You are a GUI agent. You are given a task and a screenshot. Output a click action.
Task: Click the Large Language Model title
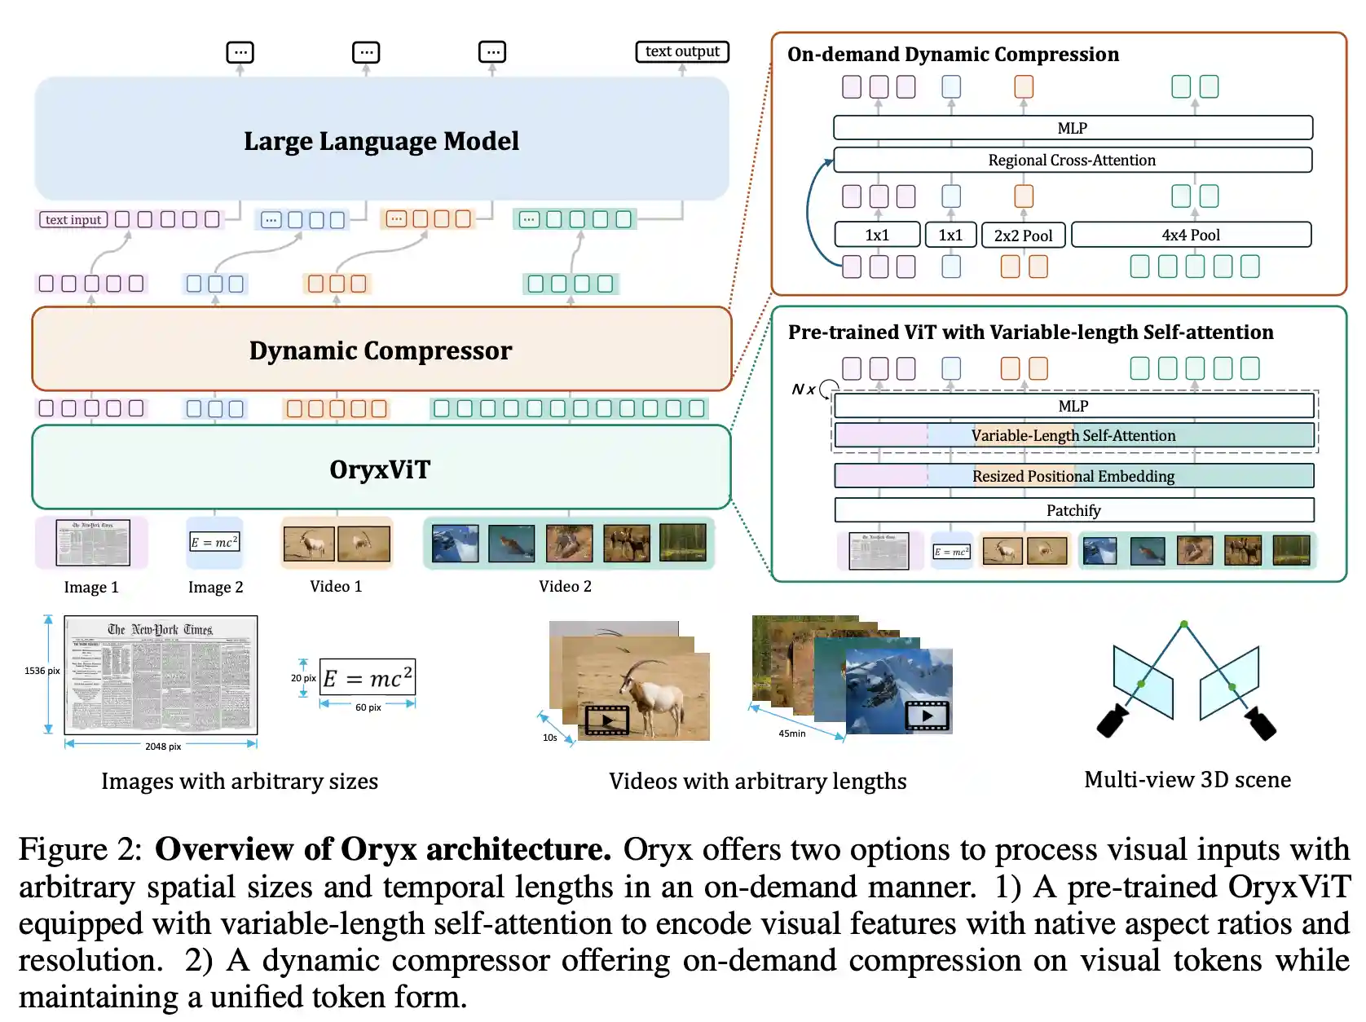(381, 141)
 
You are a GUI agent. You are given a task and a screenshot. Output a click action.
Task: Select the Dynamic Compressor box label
(381, 350)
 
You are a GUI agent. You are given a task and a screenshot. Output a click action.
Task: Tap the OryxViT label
(380, 469)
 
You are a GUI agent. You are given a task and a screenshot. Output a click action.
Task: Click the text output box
(682, 51)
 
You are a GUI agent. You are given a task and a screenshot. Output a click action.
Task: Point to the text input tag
(73, 219)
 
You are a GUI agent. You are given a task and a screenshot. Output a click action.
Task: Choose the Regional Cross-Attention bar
(1072, 160)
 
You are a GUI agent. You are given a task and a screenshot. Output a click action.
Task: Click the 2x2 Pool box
(1023, 235)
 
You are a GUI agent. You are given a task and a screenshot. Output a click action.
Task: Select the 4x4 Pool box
(1190, 235)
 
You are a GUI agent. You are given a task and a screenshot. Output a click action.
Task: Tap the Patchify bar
(1073, 510)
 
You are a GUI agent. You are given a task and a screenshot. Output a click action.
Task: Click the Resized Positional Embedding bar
(1073, 476)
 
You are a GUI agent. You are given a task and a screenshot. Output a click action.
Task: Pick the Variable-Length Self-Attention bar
(1073, 435)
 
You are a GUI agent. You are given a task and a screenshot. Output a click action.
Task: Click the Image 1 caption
(91, 587)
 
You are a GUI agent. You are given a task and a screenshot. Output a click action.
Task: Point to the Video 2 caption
(565, 586)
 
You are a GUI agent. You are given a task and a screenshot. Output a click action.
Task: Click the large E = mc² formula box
(368, 677)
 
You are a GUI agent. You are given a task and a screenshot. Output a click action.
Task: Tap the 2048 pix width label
(163, 746)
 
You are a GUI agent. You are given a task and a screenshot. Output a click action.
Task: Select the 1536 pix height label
(42, 671)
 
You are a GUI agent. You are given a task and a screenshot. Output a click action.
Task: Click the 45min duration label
(791, 733)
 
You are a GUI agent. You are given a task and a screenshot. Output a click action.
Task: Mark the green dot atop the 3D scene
(1183, 624)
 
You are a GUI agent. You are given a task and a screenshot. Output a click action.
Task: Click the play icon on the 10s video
(607, 720)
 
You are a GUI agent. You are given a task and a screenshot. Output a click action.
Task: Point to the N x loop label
(804, 390)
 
